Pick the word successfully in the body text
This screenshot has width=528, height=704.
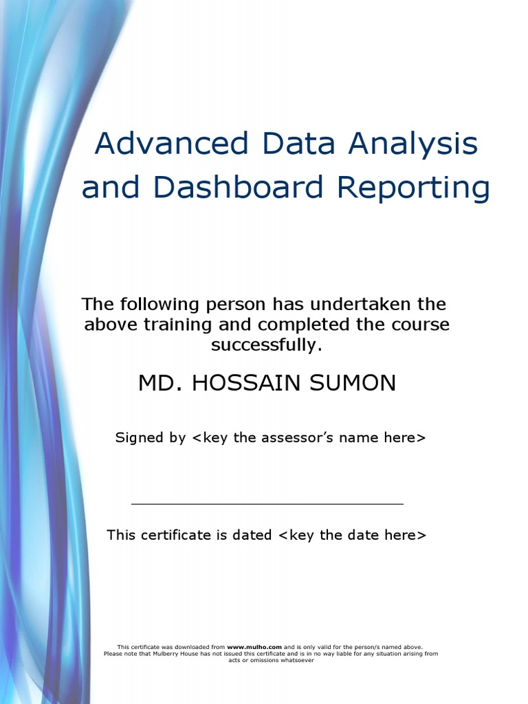click(x=266, y=345)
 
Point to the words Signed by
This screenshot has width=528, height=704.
click(x=150, y=438)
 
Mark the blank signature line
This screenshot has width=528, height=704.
click(x=267, y=504)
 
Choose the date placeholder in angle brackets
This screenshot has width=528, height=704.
click(x=352, y=535)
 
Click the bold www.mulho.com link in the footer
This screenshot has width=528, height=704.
click(x=254, y=647)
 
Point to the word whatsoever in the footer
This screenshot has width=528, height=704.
click(x=296, y=661)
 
